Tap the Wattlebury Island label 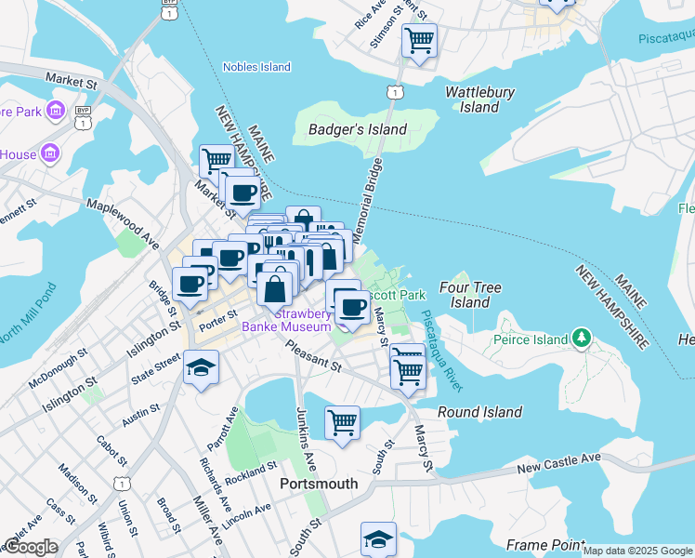tap(479, 100)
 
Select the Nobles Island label tap(256, 67)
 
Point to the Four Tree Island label tap(470, 295)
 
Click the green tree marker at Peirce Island tap(582, 335)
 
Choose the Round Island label tap(479, 412)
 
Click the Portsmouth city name tap(319, 484)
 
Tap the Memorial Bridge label tap(367, 200)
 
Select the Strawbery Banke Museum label tap(286, 320)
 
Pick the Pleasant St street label tap(314, 357)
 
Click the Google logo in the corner tap(31, 547)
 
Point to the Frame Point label tap(544, 544)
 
